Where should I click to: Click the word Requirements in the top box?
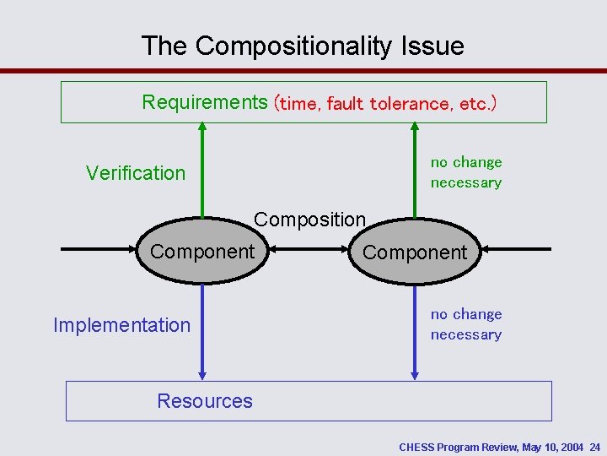(x=204, y=102)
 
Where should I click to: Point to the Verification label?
(x=135, y=173)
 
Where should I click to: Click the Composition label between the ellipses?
(x=309, y=220)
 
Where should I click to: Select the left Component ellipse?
(x=201, y=251)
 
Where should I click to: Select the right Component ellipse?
(x=414, y=252)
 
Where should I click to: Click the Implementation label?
(x=121, y=325)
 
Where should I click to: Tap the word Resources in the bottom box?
(x=205, y=401)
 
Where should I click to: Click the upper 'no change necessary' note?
(x=465, y=172)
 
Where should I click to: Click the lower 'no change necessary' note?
(x=465, y=324)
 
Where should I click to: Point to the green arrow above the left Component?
(x=201, y=169)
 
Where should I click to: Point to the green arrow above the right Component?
(x=414, y=169)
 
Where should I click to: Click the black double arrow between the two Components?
(x=308, y=249)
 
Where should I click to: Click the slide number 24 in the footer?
(x=594, y=447)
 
